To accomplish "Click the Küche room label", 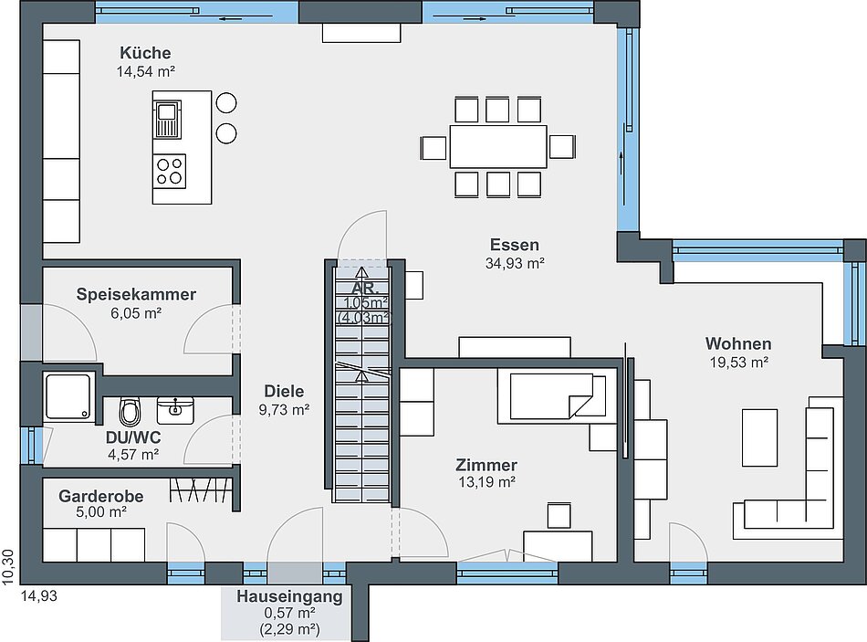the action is point(145,53).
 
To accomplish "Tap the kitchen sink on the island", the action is point(167,120).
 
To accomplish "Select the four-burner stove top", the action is point(170,171).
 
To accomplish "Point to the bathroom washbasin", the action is point(175,409).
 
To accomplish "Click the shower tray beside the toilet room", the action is point(68,396).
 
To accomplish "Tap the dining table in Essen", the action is point(498,147).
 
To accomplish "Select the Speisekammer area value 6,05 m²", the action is point(136,313).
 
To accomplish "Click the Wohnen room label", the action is point(738,343).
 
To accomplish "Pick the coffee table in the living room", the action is point(759,437).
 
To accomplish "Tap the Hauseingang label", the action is point(289,596).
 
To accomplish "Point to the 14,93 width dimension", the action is point(39,596).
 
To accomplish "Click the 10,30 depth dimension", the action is point(7,567).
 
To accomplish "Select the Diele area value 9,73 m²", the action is point(284,410).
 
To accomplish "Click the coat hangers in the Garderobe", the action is point(201,489).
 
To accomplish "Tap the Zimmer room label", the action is point(486,465).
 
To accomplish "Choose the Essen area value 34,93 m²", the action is point(515,263).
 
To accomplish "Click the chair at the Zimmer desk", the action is point(559,515).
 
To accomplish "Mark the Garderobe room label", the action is point(101,496).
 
